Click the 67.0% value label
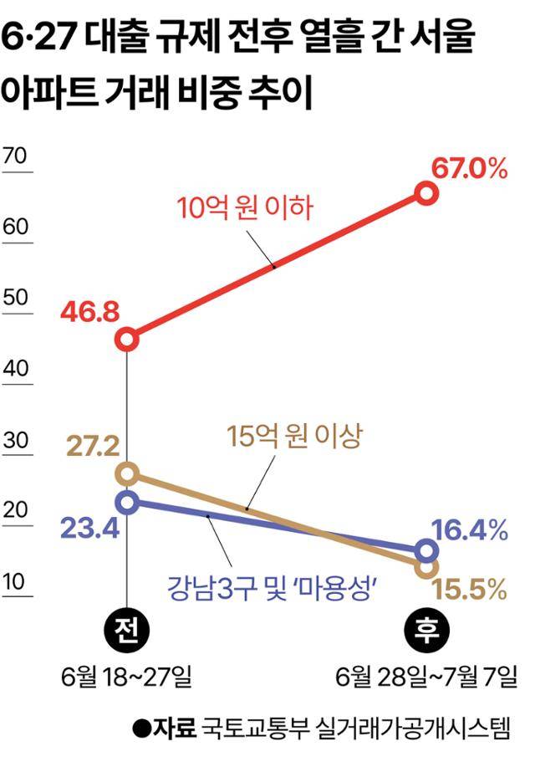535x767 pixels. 470,170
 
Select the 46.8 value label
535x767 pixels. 89,314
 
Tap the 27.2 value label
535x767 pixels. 91,445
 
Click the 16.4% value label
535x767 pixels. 471,529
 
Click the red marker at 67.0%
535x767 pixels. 425,194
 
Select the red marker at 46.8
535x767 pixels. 127,339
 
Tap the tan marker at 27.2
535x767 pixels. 127,474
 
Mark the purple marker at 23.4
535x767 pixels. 127,502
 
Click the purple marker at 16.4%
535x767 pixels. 426,550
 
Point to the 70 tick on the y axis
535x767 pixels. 16,156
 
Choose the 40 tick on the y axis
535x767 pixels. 16,369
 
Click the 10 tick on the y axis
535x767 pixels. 16,581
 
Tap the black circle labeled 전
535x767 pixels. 127,630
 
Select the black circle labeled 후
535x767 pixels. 426,630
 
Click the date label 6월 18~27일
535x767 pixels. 127,676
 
